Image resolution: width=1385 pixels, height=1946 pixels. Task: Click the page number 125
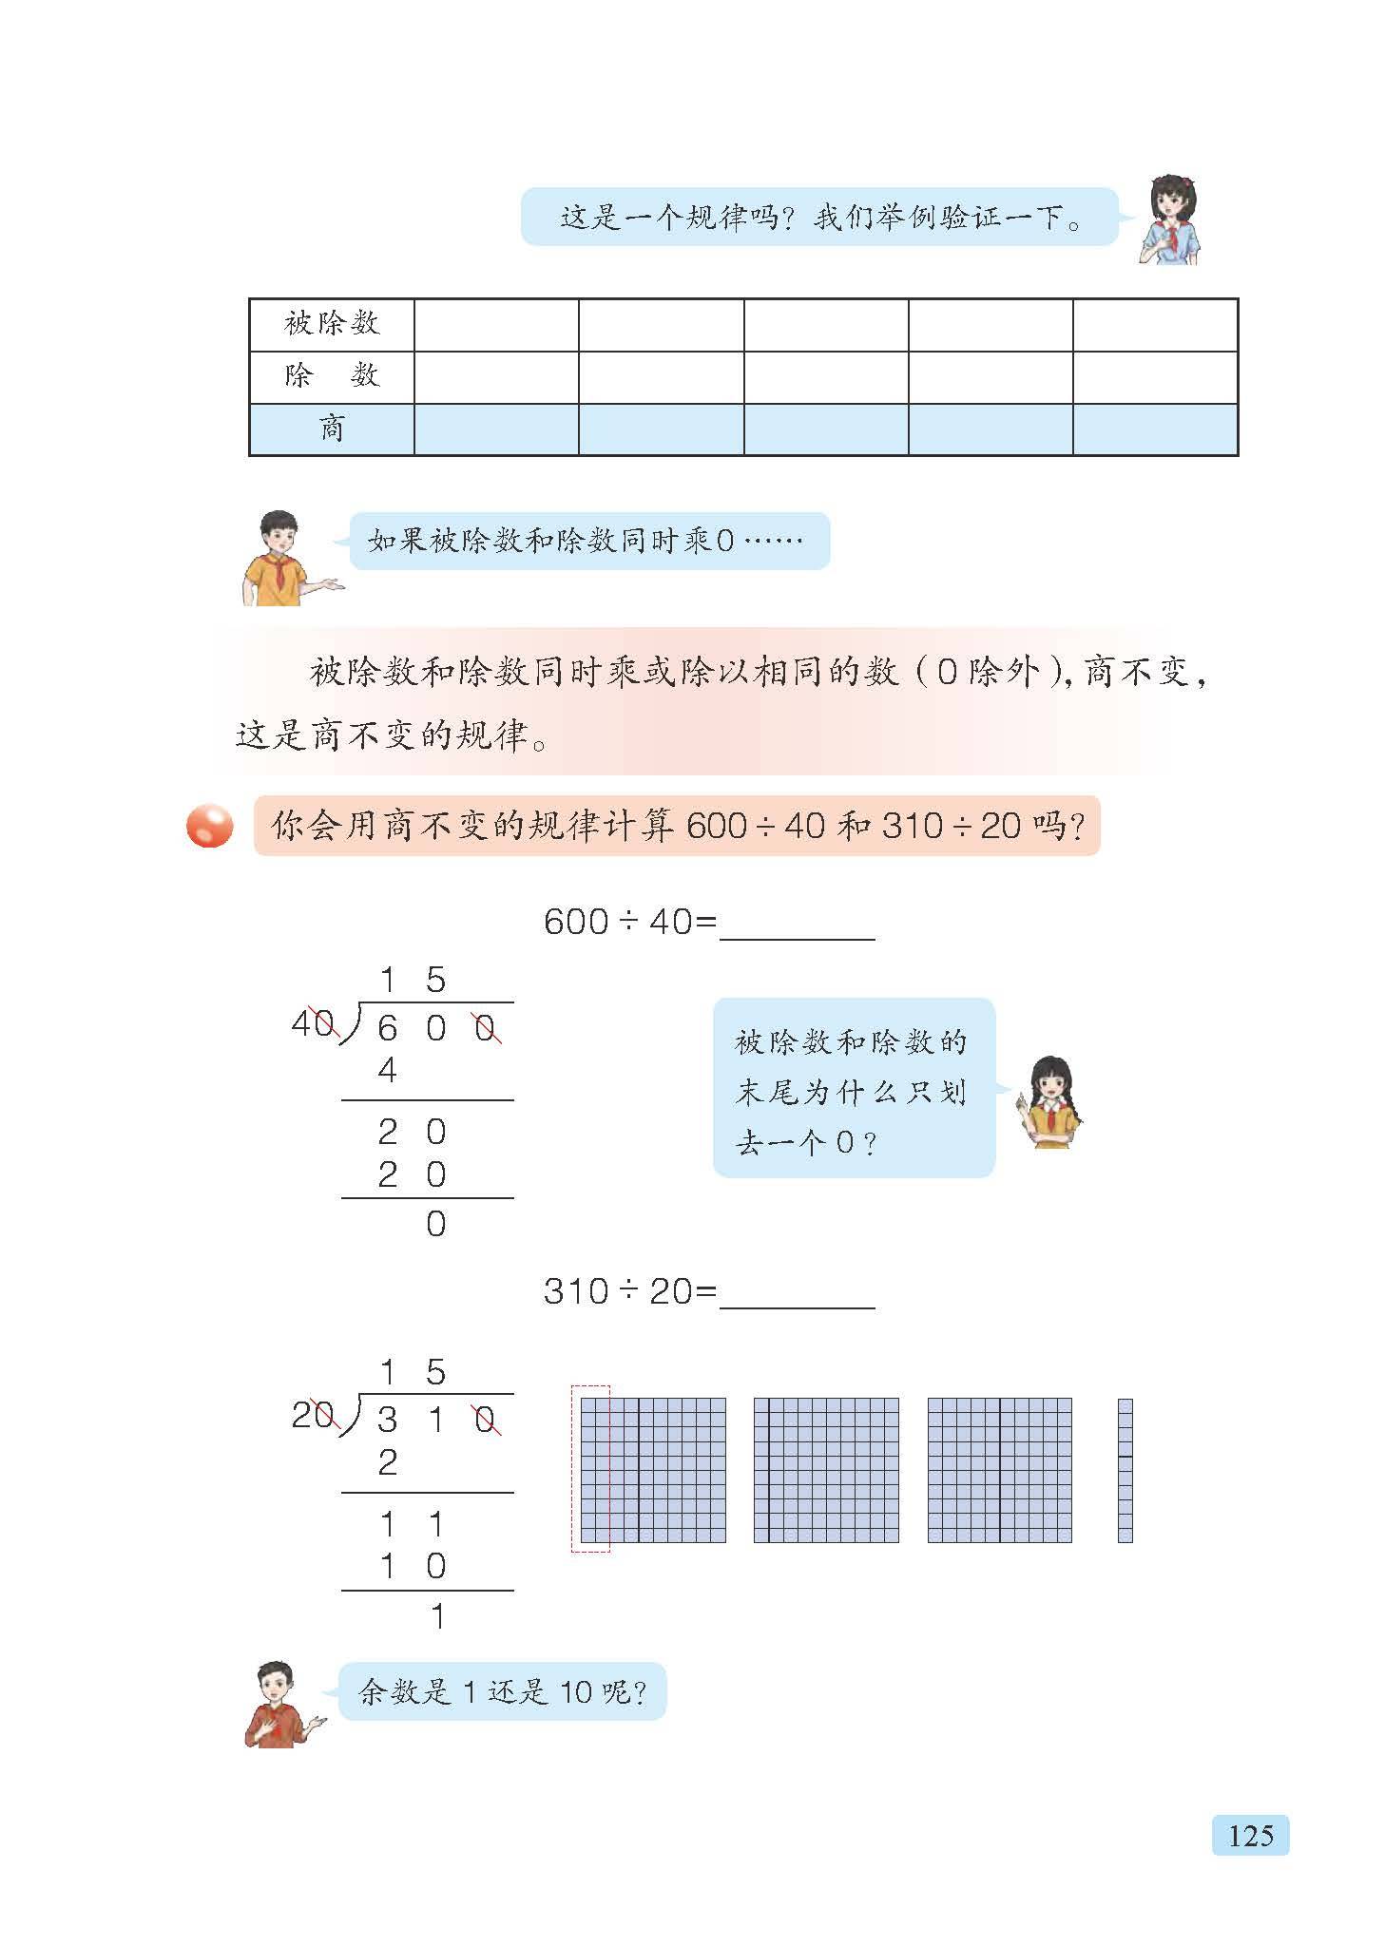click(1249, 1835)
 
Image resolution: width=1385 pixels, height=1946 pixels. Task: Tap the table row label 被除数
click(331, 324)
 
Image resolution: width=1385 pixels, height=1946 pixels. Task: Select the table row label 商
click(331, 429)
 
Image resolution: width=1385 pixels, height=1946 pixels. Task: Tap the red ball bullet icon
click(209, 826)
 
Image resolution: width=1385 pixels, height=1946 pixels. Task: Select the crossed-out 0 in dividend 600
click(486, 1028)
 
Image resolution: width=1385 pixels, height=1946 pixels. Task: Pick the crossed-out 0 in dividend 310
click(486, 1421)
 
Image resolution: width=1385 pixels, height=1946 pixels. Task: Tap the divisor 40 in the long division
click(312, 1023)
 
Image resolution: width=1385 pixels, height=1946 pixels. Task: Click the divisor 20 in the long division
click(312, 1416)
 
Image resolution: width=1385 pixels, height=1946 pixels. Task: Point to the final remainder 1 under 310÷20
click(436, 1616)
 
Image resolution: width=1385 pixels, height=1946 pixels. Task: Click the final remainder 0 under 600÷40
click(435, 1224)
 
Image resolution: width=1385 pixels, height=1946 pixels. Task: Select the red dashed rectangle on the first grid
click(590, 1469)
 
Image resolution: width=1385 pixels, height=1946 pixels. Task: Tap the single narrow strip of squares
click(1125, 1470)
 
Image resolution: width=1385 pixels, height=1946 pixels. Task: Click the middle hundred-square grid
click(825, 1470)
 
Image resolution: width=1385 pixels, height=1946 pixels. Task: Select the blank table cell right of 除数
click(496, 376)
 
